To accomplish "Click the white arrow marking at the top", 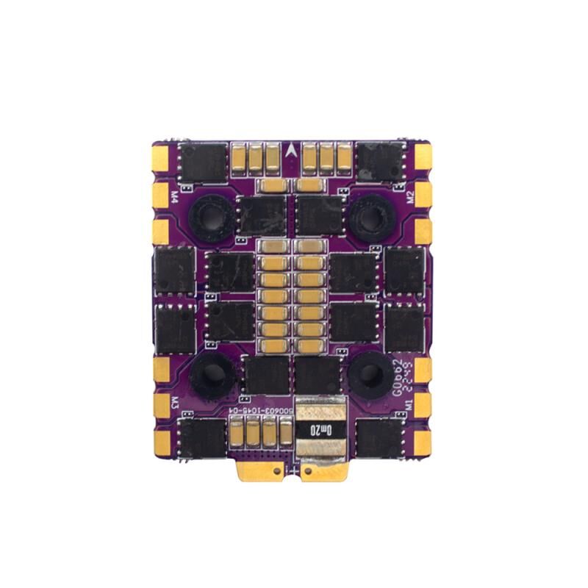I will [x=294, y=149].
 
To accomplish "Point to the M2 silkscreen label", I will [x=410, y=196].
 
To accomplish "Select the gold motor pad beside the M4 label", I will [x=162, y=194].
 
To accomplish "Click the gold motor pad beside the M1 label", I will [x=424, y=404].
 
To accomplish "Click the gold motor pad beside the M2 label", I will [x=424, y=194].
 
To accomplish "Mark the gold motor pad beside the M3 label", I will [x=162, y=404].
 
